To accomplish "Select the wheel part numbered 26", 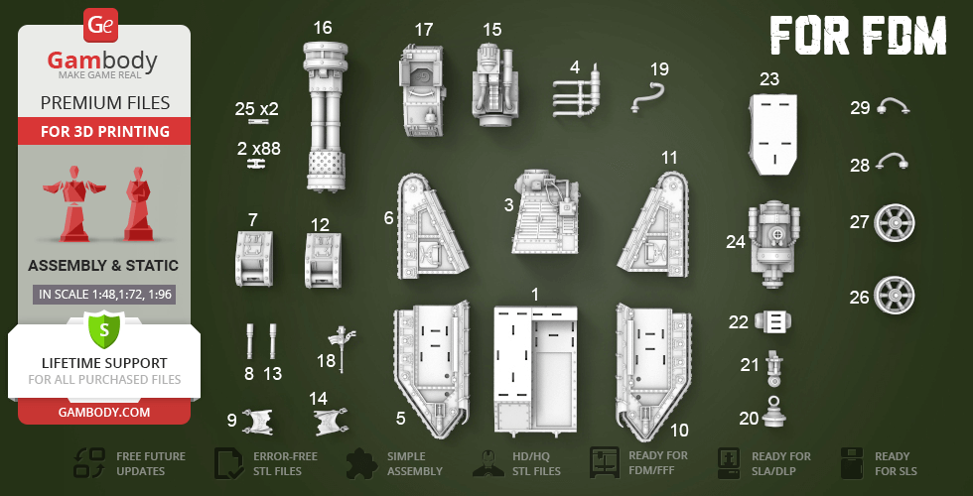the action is pyautogui.click(x=895, y=296).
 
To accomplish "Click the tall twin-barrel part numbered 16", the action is pyautogui.click(x=326, y=115).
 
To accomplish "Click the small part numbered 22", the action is pyautogui.click(x=772, y=321).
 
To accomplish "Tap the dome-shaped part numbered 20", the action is pyautogui.click(x=773, y=412).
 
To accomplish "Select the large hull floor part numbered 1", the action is pyautogui.click(x=535, y=371).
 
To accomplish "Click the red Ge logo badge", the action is pyautogui.click(x=100, y=25).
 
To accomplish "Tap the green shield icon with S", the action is pyautogui.click(x=103, y=330).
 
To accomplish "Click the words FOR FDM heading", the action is pyautogui.click(x=858, y=35).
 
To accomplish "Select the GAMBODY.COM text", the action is pyautogui.click(x=104, y=413).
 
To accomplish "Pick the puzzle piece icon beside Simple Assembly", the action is pyautogui.click(x=361, y=462).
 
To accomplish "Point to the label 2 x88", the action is pyautogui.click(x=258, y=149).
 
